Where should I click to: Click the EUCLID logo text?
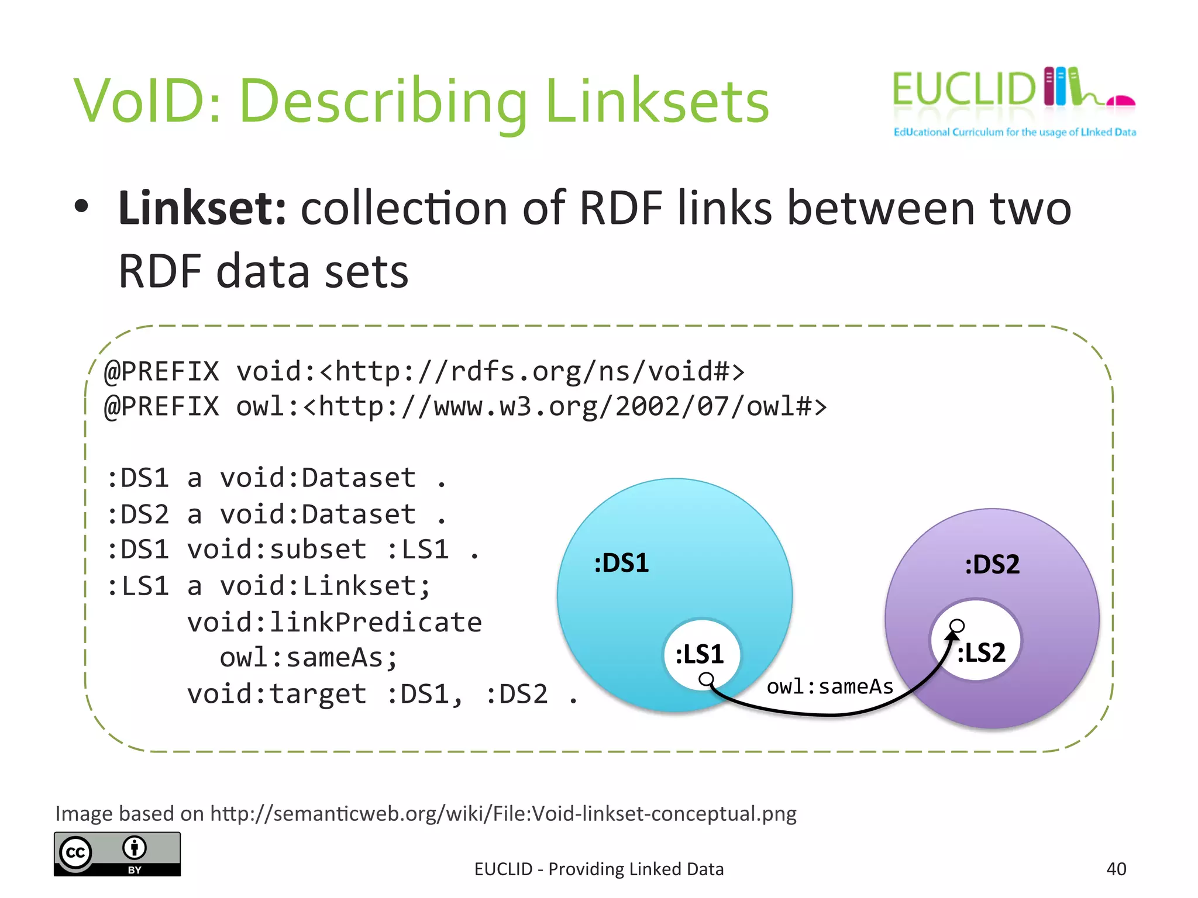[962, 89]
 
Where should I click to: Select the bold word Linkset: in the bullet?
[202, 208]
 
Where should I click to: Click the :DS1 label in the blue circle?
[621, 563]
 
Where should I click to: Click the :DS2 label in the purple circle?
[992, 565]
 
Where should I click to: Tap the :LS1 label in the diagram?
[700, 654]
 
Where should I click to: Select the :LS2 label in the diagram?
[982, 652]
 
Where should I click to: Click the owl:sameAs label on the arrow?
[829, 686]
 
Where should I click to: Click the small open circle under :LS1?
[707, 679]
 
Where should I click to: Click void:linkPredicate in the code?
[335, 622]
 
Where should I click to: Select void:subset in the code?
[277, 550]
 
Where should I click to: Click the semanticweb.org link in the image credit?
[503, 813]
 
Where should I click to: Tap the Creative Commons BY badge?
[118, 854]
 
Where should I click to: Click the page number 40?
[1116, 869]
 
